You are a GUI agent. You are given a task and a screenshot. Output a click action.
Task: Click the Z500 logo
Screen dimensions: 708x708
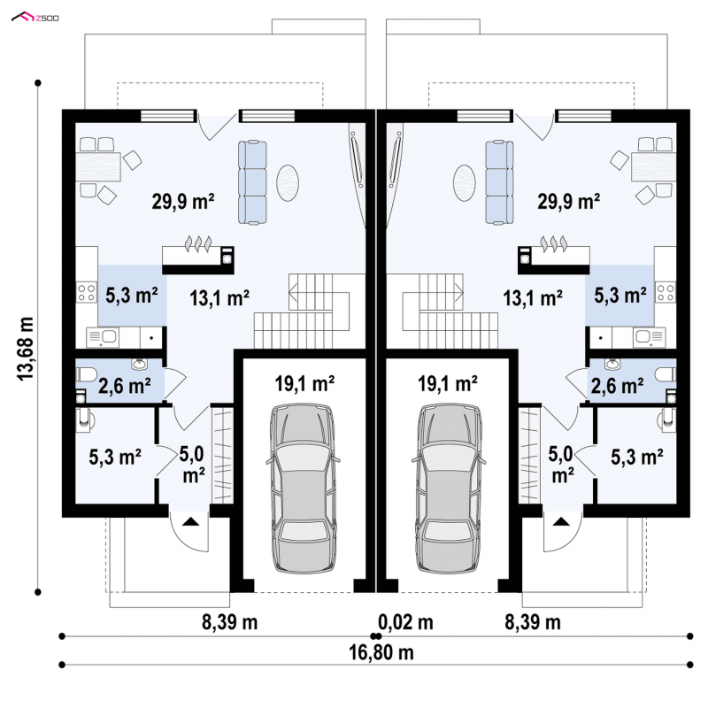pyautogui.click(x=35, y=18)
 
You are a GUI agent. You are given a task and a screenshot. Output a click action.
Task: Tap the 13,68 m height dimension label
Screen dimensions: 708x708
pyautogui.click(x=26, y=349)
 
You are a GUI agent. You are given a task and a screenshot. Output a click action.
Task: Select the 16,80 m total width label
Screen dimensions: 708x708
pyautogui.click(x=381, y=652)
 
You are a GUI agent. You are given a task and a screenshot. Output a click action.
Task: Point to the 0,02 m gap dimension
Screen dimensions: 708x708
pyautogui.click(x=405, y=623)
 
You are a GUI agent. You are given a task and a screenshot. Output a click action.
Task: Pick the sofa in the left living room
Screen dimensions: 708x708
pyautogui.click(x=252, y=182)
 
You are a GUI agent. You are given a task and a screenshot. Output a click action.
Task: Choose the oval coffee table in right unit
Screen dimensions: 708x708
pyautogui.click(x=464, y=182)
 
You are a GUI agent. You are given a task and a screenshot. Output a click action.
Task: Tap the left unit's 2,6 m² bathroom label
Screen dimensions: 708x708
pyautogui.click(x=125, y=387)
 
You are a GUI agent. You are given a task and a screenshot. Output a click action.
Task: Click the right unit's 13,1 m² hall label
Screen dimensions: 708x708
pyautogui.click(x=533, y=298)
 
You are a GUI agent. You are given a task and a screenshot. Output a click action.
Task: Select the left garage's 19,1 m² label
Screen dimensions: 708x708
pyautogui.click(x=304, y=384)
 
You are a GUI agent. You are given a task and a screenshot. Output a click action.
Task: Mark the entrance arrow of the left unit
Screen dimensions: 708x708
pyautogui.click(x=191, y=521)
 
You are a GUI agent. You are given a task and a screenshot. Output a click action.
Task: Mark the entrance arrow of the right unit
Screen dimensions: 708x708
pyautogui.click(x=561, y=521)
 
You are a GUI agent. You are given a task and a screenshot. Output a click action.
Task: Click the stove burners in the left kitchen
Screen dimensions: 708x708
pyautogui.click(x=86, y=292)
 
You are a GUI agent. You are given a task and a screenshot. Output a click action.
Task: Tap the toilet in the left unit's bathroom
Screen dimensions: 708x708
pyautogui.click(x=86, y=374)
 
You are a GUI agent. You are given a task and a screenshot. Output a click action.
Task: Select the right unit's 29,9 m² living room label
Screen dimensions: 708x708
pyautogui.click(x=568, y=202)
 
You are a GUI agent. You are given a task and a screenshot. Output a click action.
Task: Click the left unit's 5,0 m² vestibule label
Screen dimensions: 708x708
pyautogui.click(x=192, y=466)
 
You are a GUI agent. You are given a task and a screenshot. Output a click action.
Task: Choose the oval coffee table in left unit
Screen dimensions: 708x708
pyautogui.click(x=288, y=182)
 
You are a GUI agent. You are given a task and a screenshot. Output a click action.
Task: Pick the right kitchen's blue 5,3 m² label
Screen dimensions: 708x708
pyautogui.click(x=620, y=296)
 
